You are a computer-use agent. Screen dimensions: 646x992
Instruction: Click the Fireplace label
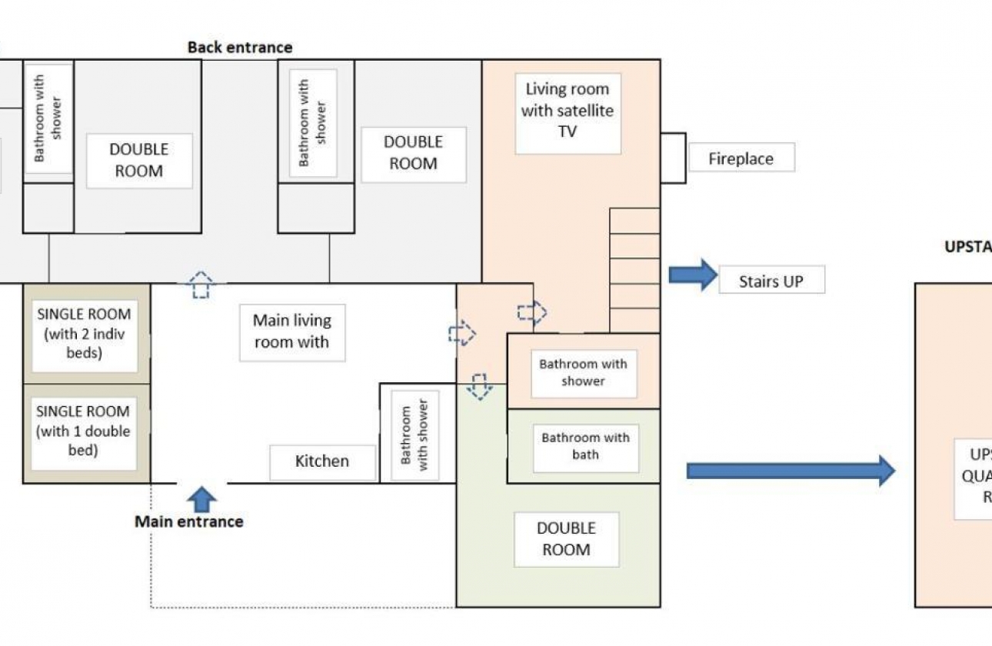pyautogui.click(x=741, y=159)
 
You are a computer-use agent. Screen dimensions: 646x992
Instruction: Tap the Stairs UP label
pyautogui.click(x=771, y=281)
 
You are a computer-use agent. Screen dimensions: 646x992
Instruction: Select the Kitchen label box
pyautogui.click(x=322, y=461)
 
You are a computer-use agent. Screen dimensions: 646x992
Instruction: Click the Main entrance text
pyautogui.click(x=189, y=521)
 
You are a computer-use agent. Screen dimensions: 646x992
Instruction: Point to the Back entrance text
pyautogui.click(x=240, y=47)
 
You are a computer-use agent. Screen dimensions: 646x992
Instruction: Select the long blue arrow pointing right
pyautogui.click(x=791, y=470)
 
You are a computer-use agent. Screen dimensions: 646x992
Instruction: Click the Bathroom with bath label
pyautogui.click(x=585, y=447)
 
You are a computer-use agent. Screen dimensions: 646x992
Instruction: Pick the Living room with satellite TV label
pyautogui.click(x=568, y=112)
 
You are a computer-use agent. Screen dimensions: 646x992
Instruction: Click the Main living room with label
pyautogui.click(x=292, y=331)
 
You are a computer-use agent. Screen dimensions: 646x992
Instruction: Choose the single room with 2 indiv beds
pyautogui.click(x=85, y=335)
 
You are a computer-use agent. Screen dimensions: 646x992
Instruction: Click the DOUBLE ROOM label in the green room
pyautogui.click(x=566, y=539)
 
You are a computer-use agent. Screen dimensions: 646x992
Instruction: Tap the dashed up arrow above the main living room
pyautogui.click(x=201, y=284)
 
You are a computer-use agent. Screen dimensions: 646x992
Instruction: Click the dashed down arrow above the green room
pyautogui.click(x=479, y=386)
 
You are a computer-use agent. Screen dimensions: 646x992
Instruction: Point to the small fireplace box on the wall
pyautogui.click(x=672, y=158)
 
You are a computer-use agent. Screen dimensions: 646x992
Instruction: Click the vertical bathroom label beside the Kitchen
pyautogui.click(x=414, y=435)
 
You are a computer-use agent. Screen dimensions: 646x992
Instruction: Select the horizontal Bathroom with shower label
pyautogui.click(x=584, y=373)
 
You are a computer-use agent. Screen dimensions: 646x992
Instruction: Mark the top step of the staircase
pyautogui.click(x=634, y=221)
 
